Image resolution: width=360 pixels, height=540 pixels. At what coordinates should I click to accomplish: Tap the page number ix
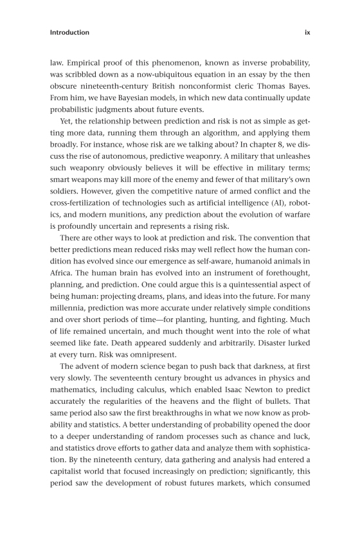[307, 32]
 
